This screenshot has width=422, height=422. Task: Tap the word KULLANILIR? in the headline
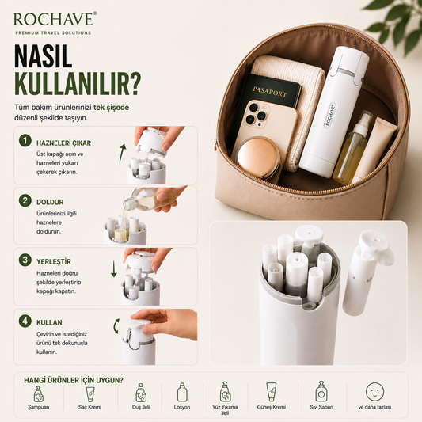(78, 83)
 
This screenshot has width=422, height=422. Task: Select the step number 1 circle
(25, 141)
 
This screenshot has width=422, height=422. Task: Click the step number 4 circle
(25, 321)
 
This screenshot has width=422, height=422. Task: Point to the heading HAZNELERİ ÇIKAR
(64, 143)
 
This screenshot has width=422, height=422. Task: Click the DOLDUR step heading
(50, 202)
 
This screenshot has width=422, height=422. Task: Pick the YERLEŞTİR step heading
(54, 261)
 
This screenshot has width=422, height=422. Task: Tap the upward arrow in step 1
(122, 153)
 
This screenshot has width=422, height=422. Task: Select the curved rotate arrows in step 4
(116, 326)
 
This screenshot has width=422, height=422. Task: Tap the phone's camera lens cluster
(257, 114)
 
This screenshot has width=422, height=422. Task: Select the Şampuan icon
(39, 394)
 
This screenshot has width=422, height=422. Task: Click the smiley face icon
(374, 392)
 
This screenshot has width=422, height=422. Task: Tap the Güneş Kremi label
(272, 407)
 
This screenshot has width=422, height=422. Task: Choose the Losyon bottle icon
(182, 393)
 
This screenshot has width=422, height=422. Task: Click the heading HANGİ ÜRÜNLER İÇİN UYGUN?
(74, 380)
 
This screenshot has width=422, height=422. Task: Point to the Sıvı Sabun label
(321, 407)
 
